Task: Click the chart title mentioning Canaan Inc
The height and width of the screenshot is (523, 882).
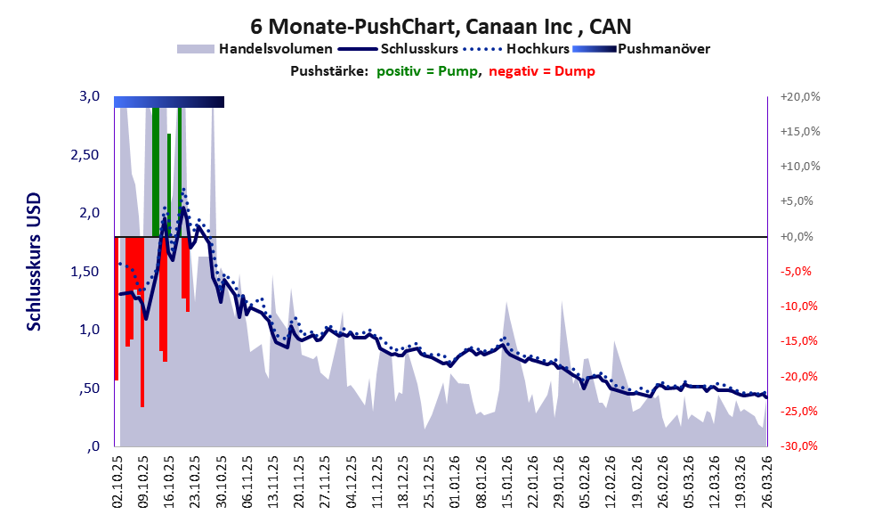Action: (441, 26)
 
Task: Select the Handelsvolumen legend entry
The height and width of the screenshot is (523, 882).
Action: (275, 49)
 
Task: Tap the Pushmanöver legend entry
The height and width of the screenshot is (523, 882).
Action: (662, 49)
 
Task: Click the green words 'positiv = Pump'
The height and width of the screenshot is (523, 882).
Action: (430, 70)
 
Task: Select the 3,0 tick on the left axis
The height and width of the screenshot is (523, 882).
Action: (89, 96)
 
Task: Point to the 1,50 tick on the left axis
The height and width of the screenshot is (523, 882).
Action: (86, 271)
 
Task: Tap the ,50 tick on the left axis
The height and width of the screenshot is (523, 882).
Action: (88, 388)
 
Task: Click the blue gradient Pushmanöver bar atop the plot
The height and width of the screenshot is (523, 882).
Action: (169, 102)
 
